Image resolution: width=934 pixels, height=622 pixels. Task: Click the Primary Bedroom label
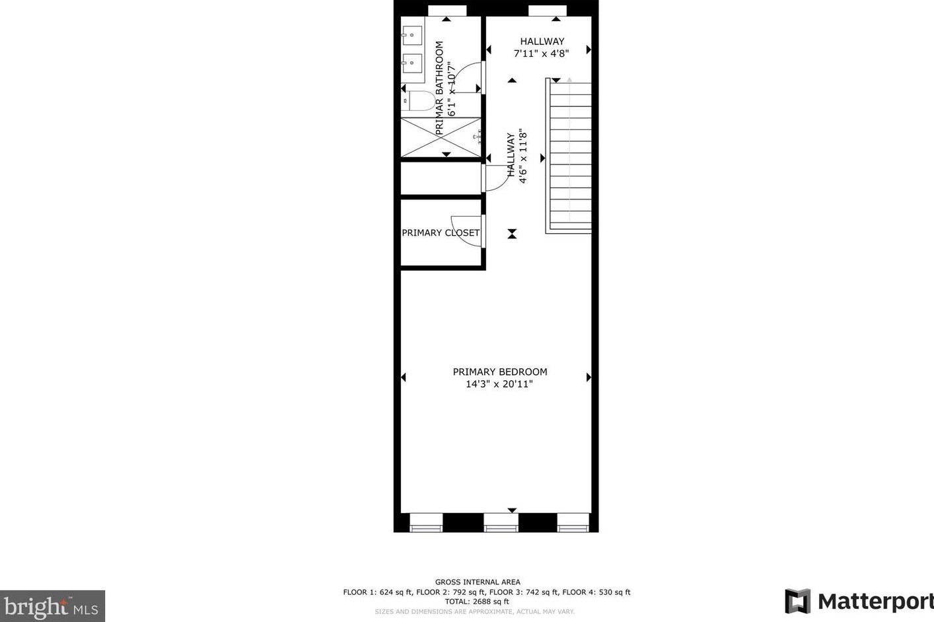tap(499, 372)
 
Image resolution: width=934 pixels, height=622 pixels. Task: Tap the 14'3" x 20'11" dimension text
tap(499, 384)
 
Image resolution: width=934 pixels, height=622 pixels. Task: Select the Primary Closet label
tap(440, 233)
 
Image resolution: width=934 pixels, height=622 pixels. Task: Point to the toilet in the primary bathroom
tap(420, 101)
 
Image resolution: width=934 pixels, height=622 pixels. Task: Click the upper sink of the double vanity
tap(412, 34)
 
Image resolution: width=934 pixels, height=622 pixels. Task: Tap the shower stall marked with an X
tap(441, 137)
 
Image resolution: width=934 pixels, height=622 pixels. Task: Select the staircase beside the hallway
tap(569, 156)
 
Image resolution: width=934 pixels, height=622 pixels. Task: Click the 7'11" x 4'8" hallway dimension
tap(541, 53)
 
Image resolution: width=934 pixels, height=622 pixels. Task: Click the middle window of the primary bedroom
tap(501, 523)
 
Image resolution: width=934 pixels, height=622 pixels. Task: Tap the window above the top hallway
tap(547, 10)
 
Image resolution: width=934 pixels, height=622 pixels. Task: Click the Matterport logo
tap(859, 602)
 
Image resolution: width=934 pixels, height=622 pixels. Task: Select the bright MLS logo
tap(52, 606)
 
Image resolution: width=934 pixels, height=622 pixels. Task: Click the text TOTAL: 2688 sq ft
tap(477, 602)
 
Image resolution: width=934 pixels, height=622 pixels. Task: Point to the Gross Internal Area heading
tap(477, 582)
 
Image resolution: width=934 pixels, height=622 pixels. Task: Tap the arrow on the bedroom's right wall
tap(589, 378)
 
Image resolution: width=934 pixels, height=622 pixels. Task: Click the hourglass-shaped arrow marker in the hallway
tap(512, 234)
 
